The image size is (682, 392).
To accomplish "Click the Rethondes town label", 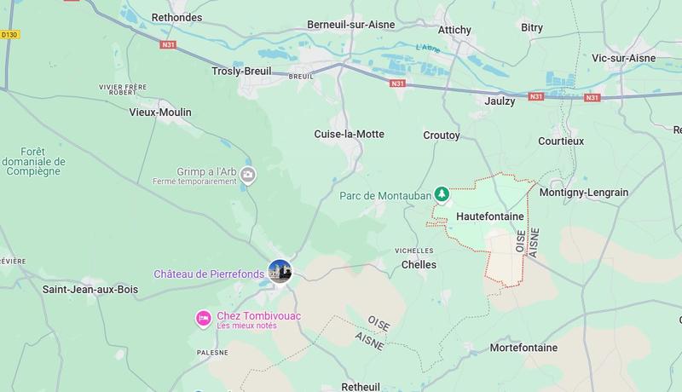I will click(x=176, y=16).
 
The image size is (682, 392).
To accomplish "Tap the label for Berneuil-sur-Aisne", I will click(x=350, y=25).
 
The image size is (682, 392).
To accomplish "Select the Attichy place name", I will click(x=454, y=30).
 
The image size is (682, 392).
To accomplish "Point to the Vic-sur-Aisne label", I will click(x=623, y=58).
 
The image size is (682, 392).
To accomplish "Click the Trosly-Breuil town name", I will click(x=242, y=72).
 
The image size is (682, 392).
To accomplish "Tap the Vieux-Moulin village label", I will click(x=160, y=112).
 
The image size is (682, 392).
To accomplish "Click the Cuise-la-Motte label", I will click(x=349, y=134).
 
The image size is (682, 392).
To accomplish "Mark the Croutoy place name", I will click(x=442, y=135).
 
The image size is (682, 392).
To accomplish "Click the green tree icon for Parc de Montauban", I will click(x=442, y=195).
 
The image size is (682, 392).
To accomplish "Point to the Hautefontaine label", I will click(x=490, y=216).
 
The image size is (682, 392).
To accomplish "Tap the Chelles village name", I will click(x=419, y=265).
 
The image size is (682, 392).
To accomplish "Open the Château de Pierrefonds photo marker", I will click(x=280, y=272).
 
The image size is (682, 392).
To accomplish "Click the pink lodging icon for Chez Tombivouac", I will click(x=204, y=319).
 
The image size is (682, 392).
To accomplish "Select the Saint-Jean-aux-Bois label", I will click(x=90, y=290).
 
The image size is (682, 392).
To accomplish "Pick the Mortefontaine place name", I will click(x=523, y=348).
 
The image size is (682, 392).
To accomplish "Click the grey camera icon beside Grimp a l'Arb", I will click(x=248, y=176).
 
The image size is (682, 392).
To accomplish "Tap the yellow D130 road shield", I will click(x=9, y=35).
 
